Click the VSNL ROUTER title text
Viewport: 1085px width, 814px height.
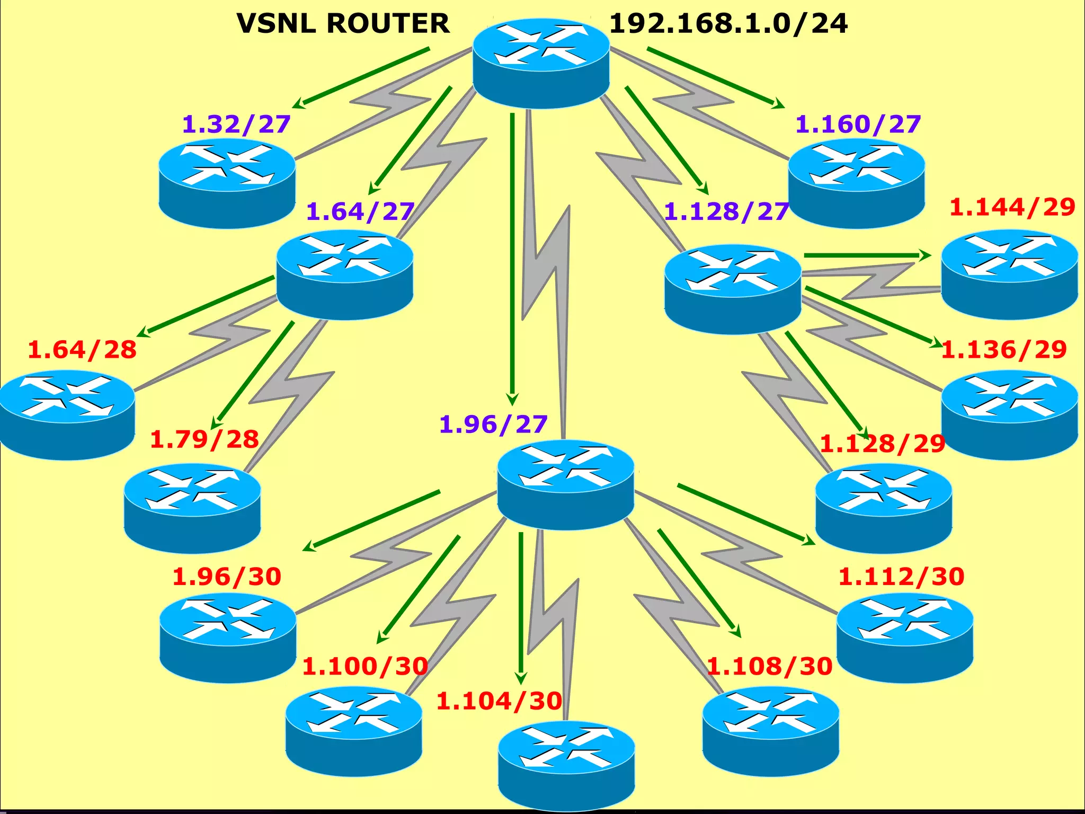(343, 24)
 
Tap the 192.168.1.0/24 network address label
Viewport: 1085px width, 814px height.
(728, 24)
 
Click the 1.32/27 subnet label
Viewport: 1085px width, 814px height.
(236, 125)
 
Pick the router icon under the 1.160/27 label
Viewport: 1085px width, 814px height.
(856, 183)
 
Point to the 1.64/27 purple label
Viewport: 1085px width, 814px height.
(360, 212)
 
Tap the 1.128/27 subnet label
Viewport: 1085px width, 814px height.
(726, 212)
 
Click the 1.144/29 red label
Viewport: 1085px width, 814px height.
(1012, 207)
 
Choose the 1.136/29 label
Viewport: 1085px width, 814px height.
(1004, 350)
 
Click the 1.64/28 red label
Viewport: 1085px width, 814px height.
(82, 350)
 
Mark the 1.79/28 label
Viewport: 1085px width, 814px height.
(204, 440)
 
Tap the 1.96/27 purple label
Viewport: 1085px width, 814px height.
(493, 425)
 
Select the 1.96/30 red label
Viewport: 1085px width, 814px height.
(227, 577)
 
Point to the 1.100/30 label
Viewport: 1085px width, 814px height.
(365, 667)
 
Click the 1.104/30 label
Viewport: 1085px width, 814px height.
(499, 702)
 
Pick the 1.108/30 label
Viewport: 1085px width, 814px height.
(770, 667)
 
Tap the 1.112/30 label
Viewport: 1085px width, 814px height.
(901, 577)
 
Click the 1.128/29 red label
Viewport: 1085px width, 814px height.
(882, 444)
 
